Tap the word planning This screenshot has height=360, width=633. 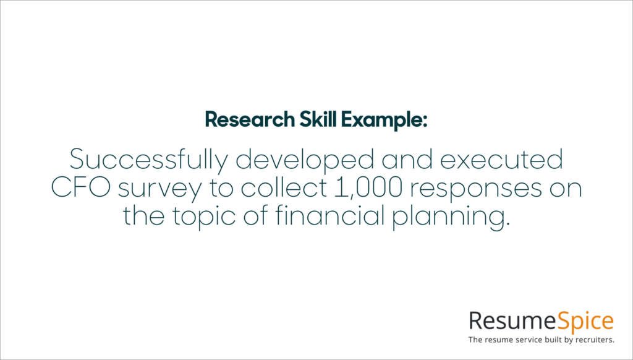pos(458,216)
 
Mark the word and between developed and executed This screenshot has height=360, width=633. pos(406,160)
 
